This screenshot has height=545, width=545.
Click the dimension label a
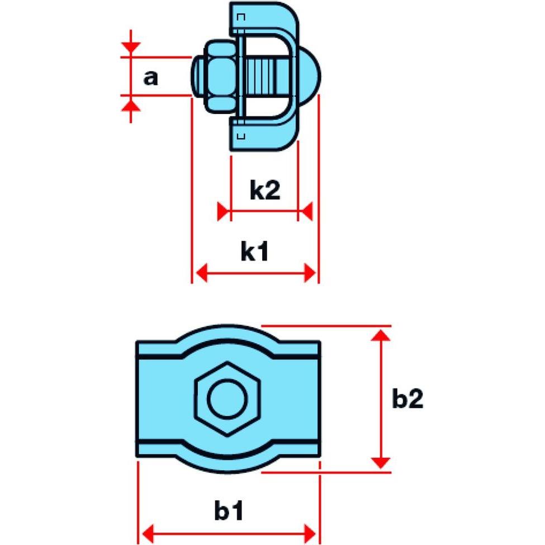[150, 78]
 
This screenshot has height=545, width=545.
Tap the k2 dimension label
[264, 191]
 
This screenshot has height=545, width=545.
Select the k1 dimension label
[255, 252]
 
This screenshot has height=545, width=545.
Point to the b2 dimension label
[407, 400]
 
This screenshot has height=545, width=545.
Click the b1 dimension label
[229, 511]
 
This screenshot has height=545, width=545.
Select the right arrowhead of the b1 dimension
[312, 530]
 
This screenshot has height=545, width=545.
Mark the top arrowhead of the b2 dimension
[381, 334]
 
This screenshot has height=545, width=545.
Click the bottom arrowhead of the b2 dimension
[381, 462]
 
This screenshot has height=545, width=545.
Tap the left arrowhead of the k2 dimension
[224, 212]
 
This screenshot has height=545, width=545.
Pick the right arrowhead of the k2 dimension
[305, 212]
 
